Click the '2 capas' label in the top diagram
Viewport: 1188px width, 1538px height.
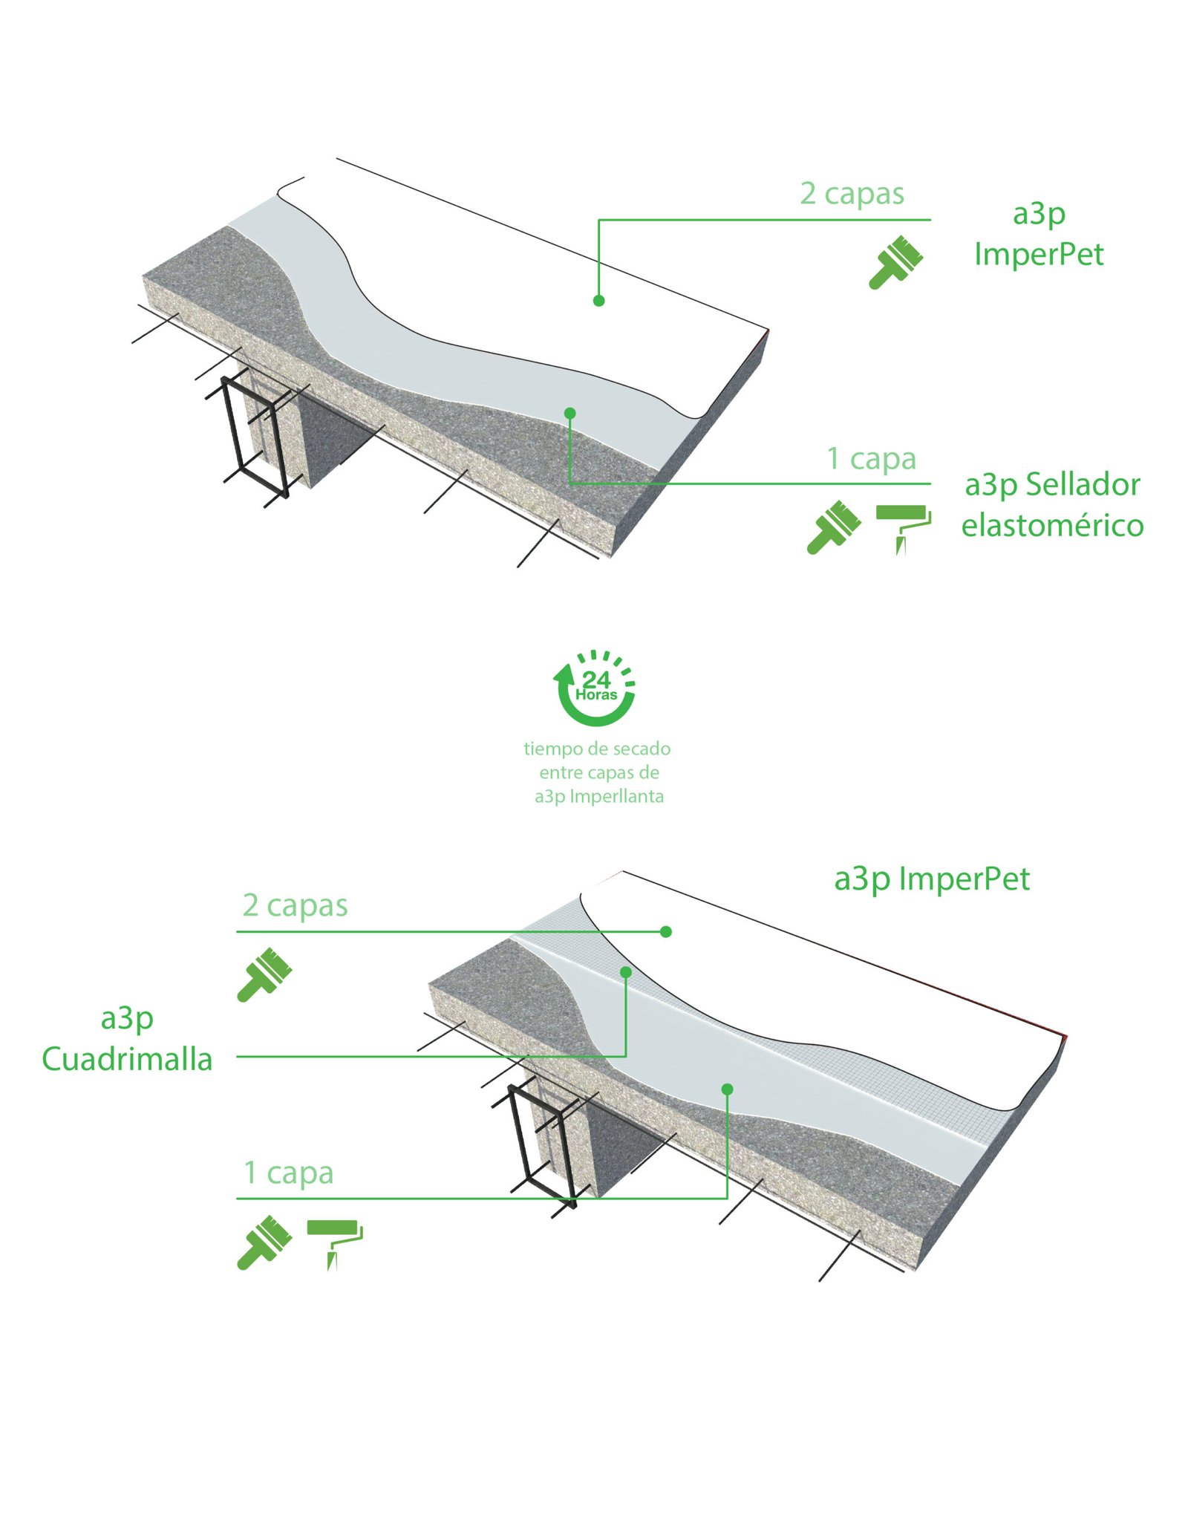tap(851, 194)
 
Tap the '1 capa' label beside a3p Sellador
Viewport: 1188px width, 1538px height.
tap(871, 459)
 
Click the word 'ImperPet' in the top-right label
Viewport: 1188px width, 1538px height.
tap(1038, 255)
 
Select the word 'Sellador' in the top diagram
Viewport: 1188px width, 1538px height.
tap(1083, 485)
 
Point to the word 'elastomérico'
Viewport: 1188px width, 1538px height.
tap(1051, 526)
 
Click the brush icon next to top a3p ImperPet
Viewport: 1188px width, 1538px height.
tap(895, 261)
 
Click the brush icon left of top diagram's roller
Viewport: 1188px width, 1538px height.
tap(833, 527)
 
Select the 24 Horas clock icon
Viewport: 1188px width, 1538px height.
tap(595, 687)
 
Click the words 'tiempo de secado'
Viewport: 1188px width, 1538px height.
tap(596, 749)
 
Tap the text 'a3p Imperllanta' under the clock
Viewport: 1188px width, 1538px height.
tap(598, 797)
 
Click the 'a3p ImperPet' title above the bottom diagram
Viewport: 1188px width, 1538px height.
tap(931, 879)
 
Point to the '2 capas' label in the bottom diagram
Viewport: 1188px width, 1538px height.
tap(295, 905)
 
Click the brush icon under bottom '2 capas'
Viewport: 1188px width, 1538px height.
tap(264, 974)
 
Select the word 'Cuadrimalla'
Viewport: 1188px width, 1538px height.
tap(127, 1059)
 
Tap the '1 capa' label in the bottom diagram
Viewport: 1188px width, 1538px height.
tap(288, 1173)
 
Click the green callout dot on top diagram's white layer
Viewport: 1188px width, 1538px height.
tap(598, 301)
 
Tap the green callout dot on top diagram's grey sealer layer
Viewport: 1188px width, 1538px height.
tap(569, 413)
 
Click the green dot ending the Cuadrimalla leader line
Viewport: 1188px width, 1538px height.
tap(626, 972)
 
